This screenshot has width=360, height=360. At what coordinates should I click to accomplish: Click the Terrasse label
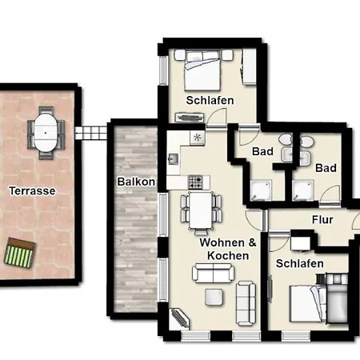32,191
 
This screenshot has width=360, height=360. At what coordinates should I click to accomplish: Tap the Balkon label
136,182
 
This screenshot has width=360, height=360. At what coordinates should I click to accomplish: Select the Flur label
322,220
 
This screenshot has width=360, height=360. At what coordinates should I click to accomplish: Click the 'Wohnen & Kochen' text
228,249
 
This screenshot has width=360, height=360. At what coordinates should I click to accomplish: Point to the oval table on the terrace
46,133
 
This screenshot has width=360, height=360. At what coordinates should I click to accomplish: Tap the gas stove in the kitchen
195,182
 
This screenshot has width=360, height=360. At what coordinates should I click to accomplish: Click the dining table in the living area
200,210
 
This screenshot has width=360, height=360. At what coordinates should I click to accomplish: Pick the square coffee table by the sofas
214,297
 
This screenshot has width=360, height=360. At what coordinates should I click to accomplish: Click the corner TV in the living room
180,318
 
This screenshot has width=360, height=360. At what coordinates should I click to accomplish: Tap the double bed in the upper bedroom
202,70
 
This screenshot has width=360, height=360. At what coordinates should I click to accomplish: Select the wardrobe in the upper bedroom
249,67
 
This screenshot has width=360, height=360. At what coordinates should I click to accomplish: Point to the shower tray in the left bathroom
261,190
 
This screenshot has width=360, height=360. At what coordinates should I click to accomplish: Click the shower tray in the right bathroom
302,190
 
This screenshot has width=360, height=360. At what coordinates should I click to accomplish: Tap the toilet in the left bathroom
286,139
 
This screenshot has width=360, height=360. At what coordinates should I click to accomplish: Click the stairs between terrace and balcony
91,133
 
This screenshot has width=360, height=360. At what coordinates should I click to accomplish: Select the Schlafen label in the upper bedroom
210,100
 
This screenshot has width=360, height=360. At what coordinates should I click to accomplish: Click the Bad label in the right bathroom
326,168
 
